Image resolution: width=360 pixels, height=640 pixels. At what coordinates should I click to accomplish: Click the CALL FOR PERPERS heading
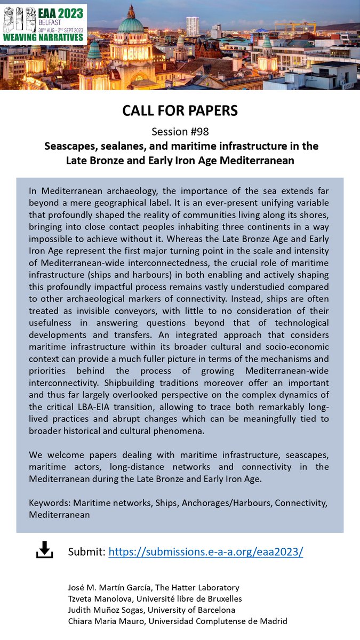[x=180, y=110]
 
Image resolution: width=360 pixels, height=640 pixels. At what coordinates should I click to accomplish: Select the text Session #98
[x=180, y=131]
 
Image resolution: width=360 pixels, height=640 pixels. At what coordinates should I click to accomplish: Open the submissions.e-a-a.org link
[x=206, y=552]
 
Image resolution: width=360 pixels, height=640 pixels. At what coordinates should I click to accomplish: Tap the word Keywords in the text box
[x=50, y=503]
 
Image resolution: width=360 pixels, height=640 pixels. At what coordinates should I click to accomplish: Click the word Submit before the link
[x=86, y=552]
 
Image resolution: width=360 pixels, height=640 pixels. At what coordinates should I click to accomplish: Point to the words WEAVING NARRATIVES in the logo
[x=44, y=37]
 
